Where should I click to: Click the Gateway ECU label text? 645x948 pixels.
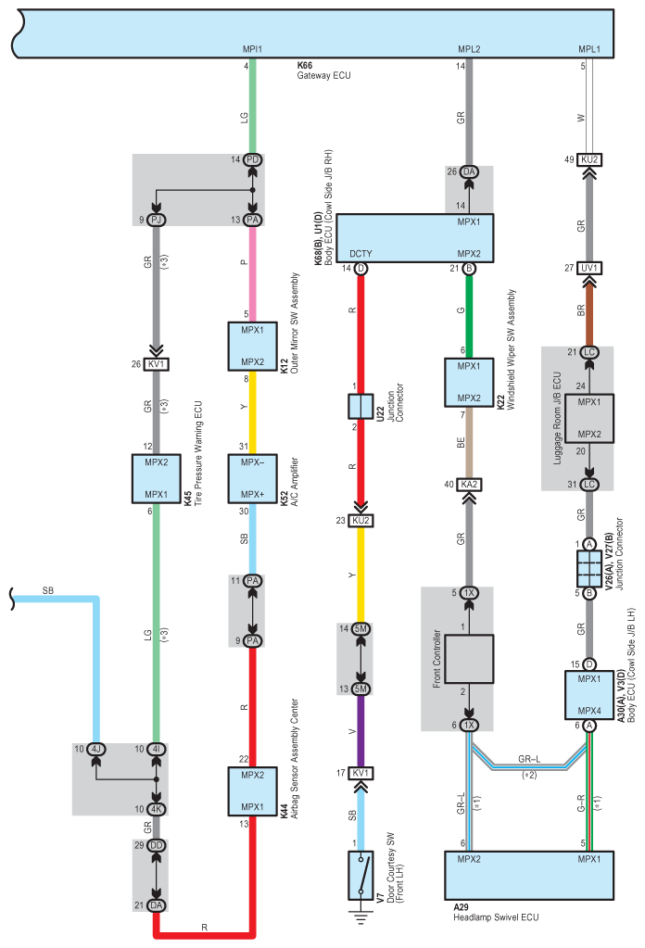pyautogui.click(x=323, y=76)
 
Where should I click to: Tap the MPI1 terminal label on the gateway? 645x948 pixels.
pyautogui.click(x=252, y=49)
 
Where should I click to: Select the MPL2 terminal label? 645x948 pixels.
pyautogui.click(x=469, y=49)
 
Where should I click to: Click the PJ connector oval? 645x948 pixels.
pyautogui.click(x=156, y=220)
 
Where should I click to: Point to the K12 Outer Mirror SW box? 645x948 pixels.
pyautogui.click(x=252, y=346)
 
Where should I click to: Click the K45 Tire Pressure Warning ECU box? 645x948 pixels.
pyautogui.click(x=156, y=478)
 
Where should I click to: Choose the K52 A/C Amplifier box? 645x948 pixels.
pyautogui.click(x=252, y=478)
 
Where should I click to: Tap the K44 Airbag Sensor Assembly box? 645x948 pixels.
pyautogui.click(x=252, y=790)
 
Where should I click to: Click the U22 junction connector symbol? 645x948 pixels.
pyautogui.click(x=360, y=406)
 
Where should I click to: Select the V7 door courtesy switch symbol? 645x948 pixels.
pyautogui.click(x=360, y=875)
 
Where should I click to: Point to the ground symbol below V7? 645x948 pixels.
pyautogui.click(x=360, y=917)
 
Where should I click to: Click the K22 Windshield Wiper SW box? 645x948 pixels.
pyautogui.click(x=469, y=382)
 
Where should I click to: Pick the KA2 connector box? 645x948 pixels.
pyautogui.click(x=469, y=485)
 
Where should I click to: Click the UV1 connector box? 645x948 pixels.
pyautogui.click(x=588, y=268)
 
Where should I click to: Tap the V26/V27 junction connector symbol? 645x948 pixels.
pyautogui.click(x=588, y=568)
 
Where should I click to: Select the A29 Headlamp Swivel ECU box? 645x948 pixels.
pyautogui.click(x=529, y=876)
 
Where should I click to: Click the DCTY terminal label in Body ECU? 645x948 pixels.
pyautogui.click(x=360, y=254)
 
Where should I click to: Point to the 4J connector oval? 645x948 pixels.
pyautogui.click(x=95, y=749)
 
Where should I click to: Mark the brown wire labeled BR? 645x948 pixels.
pyautogui.click(x=588, y=310)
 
